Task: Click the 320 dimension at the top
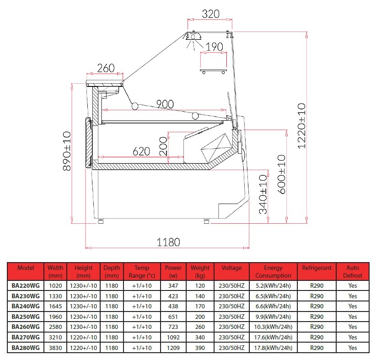[x=210, y=14]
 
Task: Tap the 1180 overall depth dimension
[x=168, y=242]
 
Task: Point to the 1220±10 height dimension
[x=301, y=126]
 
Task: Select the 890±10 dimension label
[x=67, y=151]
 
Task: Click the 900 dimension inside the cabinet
[x=165, y=104]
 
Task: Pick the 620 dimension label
[x=141, y=151]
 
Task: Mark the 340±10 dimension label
[x=263, y=194]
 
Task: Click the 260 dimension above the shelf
[x=106, y=68]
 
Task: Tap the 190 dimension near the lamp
[x=215, y=47]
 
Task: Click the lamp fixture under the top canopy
[x=193, y=37]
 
